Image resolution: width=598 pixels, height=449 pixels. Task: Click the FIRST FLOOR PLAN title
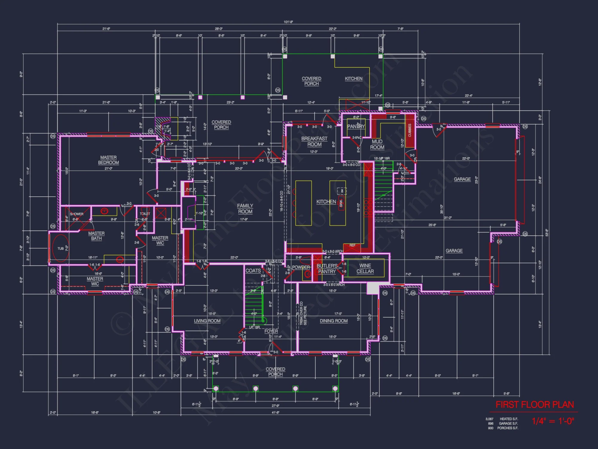pyautogui.click(x=535, y=405)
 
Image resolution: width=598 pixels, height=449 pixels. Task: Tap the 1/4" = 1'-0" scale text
pyautogui.click(x=553, y=421)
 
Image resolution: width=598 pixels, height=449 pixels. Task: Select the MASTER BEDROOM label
pyautogui.click(x=108, y=160)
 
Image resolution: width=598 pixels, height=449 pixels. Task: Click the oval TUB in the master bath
pyautogui.click(x=61, y=248)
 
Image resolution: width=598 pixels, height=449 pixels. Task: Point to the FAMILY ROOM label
pyautogui.click(x=245, y=209)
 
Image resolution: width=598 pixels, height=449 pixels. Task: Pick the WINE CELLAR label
pyautogui.click(x=365, y=269)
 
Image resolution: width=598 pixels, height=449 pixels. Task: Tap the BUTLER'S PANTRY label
pyautogui.click(x=327, y=269)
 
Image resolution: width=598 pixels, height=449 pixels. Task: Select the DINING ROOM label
pyautogui.click(x=334, y=321)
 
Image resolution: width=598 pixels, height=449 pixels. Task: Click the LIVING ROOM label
pyautogui.click(x=207, y=321)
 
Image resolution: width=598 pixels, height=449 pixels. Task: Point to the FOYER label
pyautogui.click(x=271, y=331)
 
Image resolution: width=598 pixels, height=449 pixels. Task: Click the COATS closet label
pyautogui.click(x=253, y=271)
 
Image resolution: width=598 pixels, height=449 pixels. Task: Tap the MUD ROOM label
pyautogui.click(x=377, y=144)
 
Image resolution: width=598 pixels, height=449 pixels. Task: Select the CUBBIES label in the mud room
pyautogui.click(x=410, y=131)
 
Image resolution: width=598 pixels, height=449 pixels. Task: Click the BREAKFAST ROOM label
pyautogui.click(x=314, y=141)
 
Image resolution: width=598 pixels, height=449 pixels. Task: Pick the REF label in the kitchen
pyautogui.click(x=353, y=245)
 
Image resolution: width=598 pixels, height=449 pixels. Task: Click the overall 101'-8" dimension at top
pyautogui.click(x=288, y=22)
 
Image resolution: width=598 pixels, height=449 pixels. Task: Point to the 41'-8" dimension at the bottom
pyautogui.click(x=276, y=412)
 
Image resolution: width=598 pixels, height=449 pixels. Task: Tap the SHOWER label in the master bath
pyautogui.click(x=77, y=214)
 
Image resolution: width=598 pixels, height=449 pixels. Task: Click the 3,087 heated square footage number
pyautogui.click(x=489, y=419)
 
